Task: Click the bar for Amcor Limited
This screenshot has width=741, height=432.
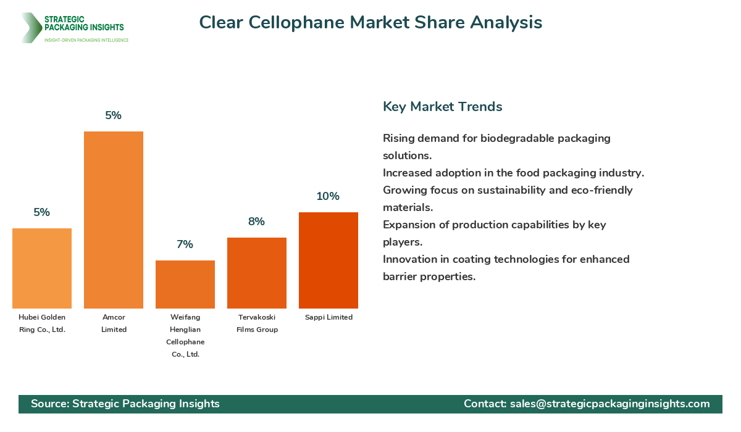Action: (114, 220)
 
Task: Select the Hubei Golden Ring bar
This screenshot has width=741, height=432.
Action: (42, 268)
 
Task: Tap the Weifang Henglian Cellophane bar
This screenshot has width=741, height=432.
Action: (185, 285)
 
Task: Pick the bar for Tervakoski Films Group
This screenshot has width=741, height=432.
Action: (257, 273)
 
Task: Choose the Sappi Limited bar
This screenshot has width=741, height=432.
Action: (329, 260)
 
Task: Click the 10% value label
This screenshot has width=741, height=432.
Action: (328, 196)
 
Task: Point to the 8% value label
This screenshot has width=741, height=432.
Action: (257, 222)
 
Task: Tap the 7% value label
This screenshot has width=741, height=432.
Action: (185, 244)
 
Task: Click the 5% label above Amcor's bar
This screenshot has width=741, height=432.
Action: (114, 115)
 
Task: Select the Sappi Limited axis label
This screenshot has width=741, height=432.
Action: (329, 317)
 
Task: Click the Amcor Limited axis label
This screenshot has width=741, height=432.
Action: (114, 323)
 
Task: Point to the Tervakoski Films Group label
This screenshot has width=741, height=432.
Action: (257, 323)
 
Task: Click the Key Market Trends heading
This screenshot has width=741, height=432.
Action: (443, 107)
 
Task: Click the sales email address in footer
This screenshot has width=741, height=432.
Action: (610, 404)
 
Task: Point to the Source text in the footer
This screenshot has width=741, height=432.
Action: (125, 404)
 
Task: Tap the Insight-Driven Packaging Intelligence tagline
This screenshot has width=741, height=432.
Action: (86, 40)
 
